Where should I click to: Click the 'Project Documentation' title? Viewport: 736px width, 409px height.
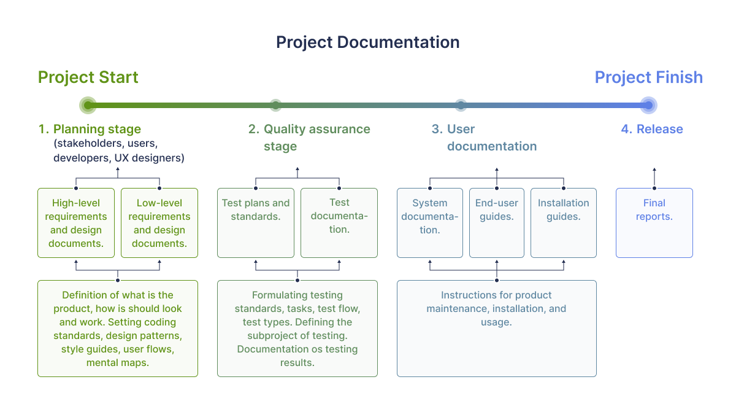[367, 42]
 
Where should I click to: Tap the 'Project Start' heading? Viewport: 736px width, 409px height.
[88, 77]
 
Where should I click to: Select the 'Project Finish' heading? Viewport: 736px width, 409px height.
[649, 77]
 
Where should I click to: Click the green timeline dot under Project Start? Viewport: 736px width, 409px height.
[88, 105]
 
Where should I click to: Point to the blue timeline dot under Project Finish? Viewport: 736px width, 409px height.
[649, 105]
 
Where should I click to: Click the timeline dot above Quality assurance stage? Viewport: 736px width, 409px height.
[275, 105]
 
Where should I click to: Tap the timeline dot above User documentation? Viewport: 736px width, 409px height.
[461, 105]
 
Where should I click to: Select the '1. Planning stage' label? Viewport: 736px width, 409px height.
[90, 129]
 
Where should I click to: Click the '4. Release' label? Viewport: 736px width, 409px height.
[652, 129]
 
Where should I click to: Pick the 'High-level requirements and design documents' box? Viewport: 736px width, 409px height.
[76, 223]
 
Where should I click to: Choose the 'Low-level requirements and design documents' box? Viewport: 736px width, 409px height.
[159, 223]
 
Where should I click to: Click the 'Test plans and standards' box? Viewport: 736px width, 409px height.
[256, 223]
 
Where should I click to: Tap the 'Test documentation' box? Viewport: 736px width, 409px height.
[339, 223]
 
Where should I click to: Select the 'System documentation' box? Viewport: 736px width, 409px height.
[430, 223]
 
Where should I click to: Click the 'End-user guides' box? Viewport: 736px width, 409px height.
[497, 223]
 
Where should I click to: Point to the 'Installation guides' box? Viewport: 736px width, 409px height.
[564, 223]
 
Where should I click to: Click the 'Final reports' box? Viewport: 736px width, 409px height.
[654, 223]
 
